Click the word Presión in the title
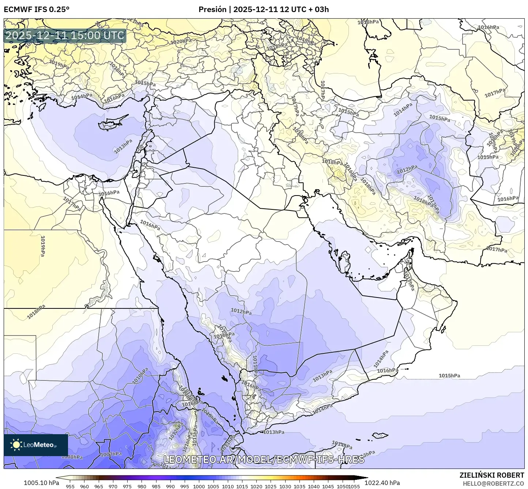pos(212,10)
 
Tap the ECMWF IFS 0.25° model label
pos(37,10)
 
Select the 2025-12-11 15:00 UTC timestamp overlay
pos(65,36)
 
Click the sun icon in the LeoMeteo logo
pos(16,444)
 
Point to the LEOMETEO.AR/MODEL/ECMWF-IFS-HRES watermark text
pos(264,459)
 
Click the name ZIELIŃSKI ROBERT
pos(492,475)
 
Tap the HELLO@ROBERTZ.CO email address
pos(493,483)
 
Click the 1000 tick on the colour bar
pos(199,486)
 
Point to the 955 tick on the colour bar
pos(70,486)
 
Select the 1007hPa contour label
pos(111,454)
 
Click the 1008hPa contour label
pos(72,456)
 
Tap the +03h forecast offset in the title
pos(319,10)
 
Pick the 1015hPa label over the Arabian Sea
pos(449,376)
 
